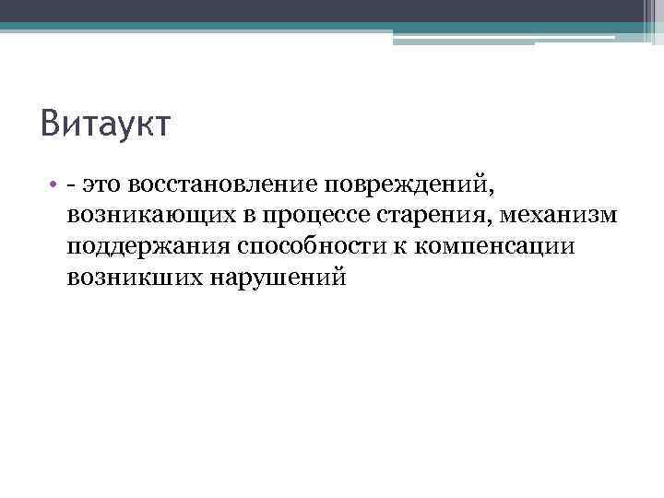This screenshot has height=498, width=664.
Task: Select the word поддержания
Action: pos(148,247)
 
